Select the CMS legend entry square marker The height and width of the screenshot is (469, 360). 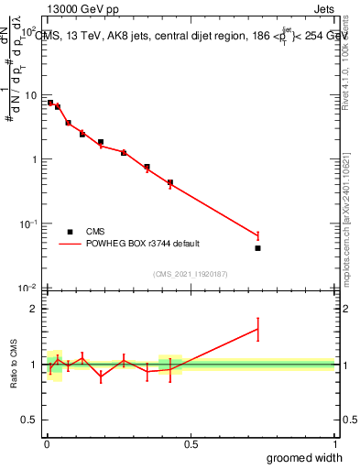coord(70,232)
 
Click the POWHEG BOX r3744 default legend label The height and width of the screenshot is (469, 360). coord(144,244)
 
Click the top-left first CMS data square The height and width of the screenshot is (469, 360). coord(50,103)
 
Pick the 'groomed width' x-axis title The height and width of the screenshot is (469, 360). coord(305,457)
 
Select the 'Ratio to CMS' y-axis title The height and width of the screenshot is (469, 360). coord(13,365)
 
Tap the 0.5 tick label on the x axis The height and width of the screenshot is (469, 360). coord(190,444)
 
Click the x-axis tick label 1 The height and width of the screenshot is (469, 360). coord(334,444)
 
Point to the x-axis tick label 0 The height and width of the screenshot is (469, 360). coord(46,444)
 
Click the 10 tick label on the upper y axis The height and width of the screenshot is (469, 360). coord(30,95)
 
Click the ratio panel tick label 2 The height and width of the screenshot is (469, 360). coord(34,309)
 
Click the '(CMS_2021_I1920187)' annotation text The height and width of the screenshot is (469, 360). coord(190,274)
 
